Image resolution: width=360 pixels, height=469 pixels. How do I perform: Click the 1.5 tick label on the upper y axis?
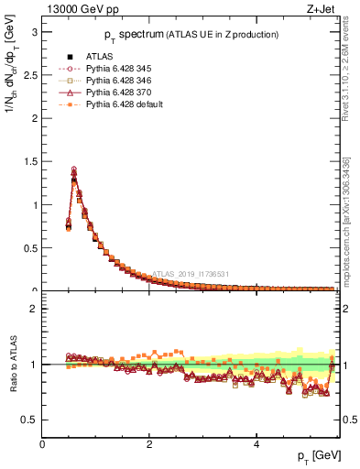tap(29, 161)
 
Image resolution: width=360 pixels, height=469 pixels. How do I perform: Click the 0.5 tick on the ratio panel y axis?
tap(29, 420)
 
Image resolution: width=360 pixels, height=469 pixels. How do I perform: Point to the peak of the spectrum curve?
tap(74, 169)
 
